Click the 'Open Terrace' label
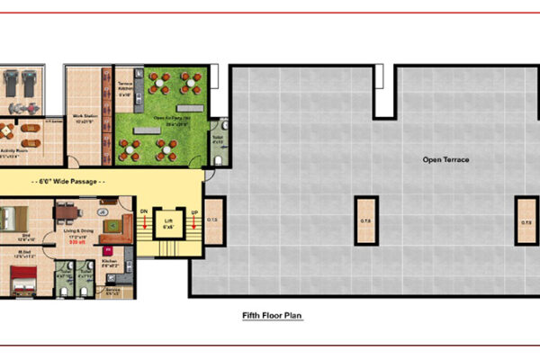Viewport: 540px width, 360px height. pos(446,160)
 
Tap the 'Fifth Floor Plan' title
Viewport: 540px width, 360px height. pos(272,316)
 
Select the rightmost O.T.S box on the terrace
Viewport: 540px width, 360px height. pos(526,221)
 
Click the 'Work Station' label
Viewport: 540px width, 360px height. pos(86,118)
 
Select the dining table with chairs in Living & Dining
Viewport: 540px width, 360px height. pos(67,212)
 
